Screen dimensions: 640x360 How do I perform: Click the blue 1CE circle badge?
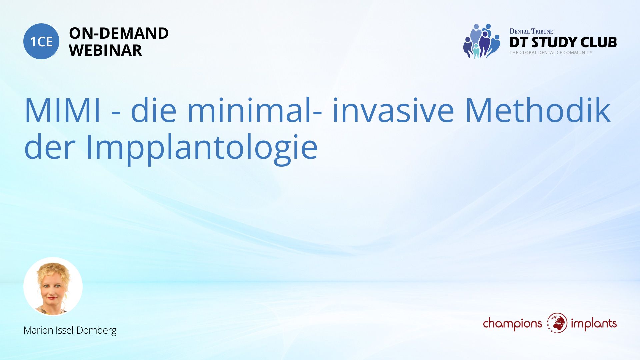pos(41,41)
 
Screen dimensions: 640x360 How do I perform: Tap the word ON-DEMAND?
pos(119,33)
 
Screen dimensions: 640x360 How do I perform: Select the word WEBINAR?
pos(105,50)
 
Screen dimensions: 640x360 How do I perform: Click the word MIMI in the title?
pos(62,110)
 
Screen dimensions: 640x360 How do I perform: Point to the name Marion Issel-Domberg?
pos(70,330)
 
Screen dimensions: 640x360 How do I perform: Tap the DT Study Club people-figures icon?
pos(481,41)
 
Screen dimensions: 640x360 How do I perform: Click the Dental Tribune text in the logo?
pos(531,31)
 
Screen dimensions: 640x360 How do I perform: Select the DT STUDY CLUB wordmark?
pos(563,42)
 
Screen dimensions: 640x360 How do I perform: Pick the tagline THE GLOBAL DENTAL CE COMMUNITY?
pos(551,53)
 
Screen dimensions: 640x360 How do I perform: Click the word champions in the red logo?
pos(513,324)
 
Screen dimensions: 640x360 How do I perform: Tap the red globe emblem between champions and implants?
pos(557,323)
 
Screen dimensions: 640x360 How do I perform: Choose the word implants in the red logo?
pos(594,323)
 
